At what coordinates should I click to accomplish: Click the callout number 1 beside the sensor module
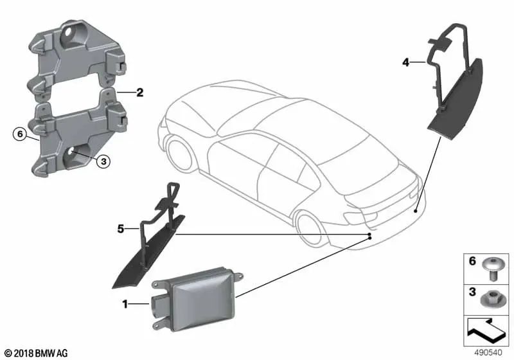point(124,303)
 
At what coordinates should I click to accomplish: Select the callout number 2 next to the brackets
point(139,93)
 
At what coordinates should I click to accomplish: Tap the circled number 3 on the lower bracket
point(102,162)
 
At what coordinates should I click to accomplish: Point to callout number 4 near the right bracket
point(405,62)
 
